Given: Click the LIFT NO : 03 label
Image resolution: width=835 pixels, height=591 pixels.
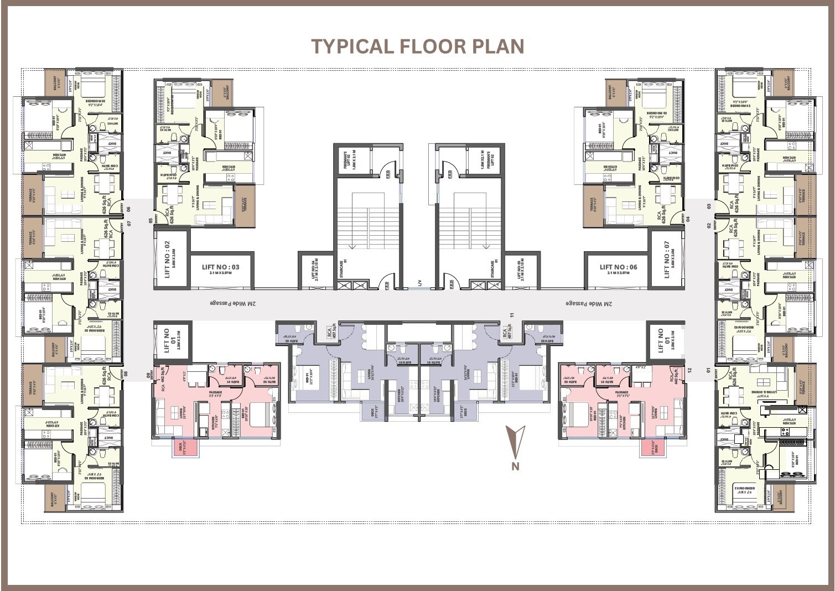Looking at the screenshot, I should point(221,267).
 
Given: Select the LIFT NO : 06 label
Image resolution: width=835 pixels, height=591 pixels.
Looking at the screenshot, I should point(618,267).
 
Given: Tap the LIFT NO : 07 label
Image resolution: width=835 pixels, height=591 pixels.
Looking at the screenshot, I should point(667,258).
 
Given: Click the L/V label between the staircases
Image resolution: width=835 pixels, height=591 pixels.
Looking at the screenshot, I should point(419,283).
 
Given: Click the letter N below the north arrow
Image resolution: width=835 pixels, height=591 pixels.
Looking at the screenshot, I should point(515,466).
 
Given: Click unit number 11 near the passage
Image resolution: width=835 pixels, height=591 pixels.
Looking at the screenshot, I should point(512,315).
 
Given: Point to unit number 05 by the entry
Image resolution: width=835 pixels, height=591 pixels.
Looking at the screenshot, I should point(150,220).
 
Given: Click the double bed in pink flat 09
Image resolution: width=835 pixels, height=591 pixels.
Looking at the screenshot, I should point(261,414).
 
